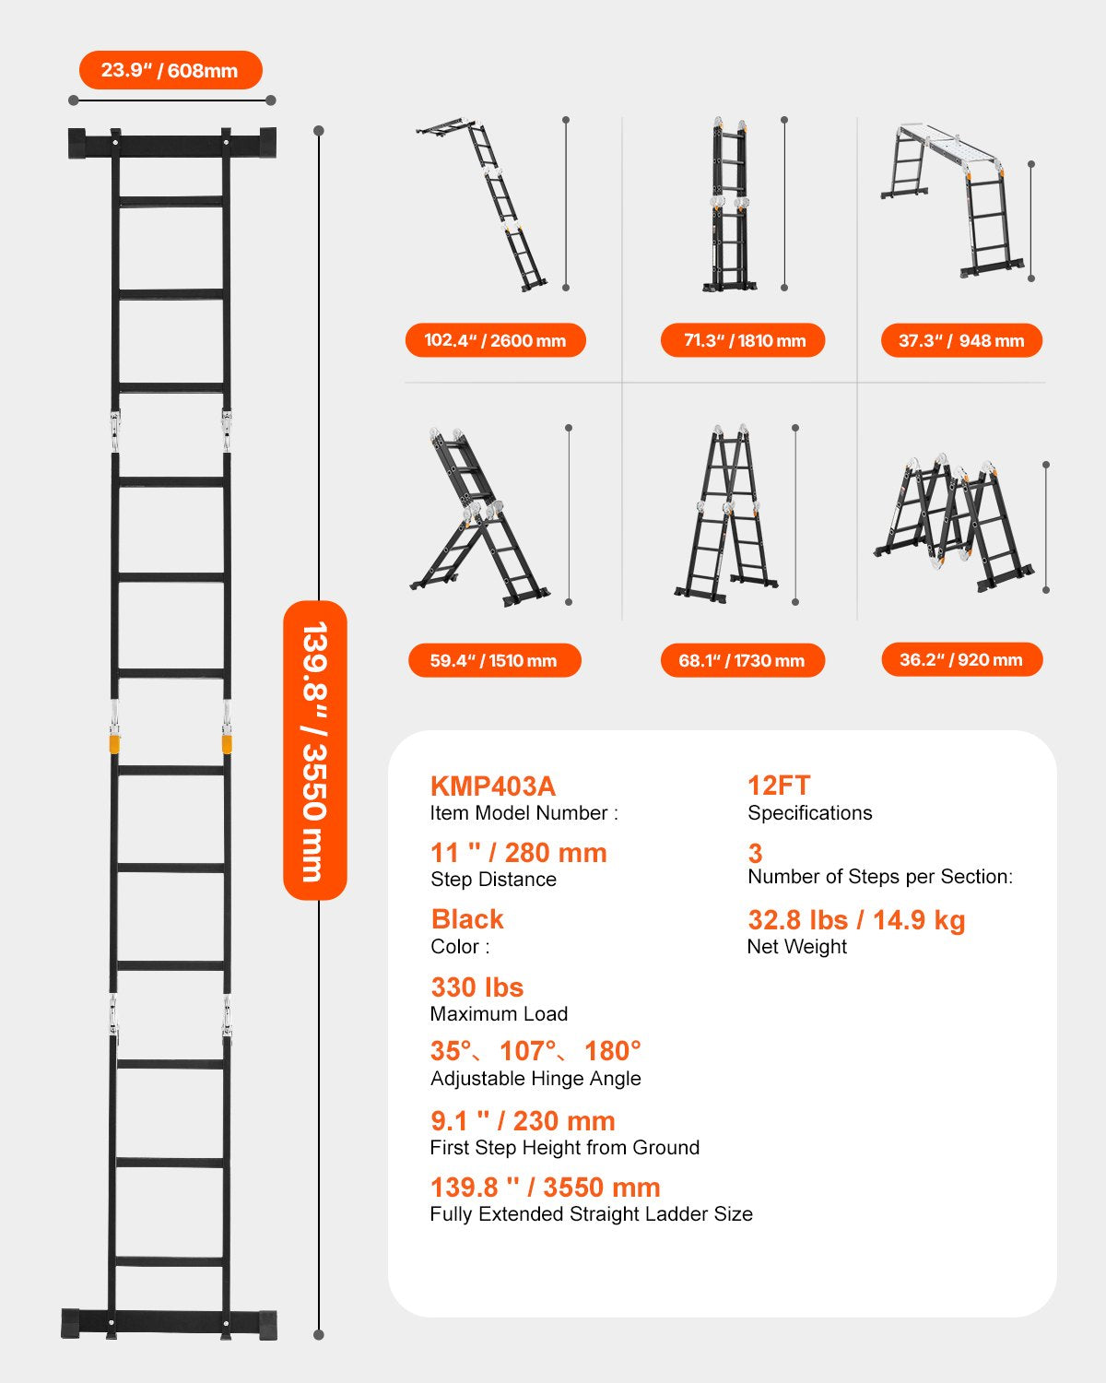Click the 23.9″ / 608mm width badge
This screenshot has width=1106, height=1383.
point(171,70)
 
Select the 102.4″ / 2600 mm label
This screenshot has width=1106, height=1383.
point(495,340)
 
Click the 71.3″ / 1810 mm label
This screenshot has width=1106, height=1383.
point(743,340)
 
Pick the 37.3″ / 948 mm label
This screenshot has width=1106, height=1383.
point(961,340)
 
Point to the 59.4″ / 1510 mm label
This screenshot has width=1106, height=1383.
point(494,660)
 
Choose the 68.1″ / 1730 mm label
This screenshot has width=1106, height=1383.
point(742,660)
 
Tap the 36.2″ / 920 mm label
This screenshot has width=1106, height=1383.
point(961,659)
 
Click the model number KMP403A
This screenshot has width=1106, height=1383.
point(493,786)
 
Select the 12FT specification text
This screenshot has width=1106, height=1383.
point(779,786)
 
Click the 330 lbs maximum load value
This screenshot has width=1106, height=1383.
point(477,987)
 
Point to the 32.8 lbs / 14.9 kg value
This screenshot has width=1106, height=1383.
point(856,920)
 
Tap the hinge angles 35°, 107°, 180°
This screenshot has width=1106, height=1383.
point(535,1051)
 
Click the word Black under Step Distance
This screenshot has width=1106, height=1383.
point(467,919)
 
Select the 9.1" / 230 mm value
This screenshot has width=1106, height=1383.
point(523,1121)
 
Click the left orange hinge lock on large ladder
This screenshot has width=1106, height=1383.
point(115,742)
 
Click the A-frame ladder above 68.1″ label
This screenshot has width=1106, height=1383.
point(726,516)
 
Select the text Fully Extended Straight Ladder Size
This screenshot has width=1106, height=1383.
point(591,1214)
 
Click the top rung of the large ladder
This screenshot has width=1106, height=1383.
point(171,201)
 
